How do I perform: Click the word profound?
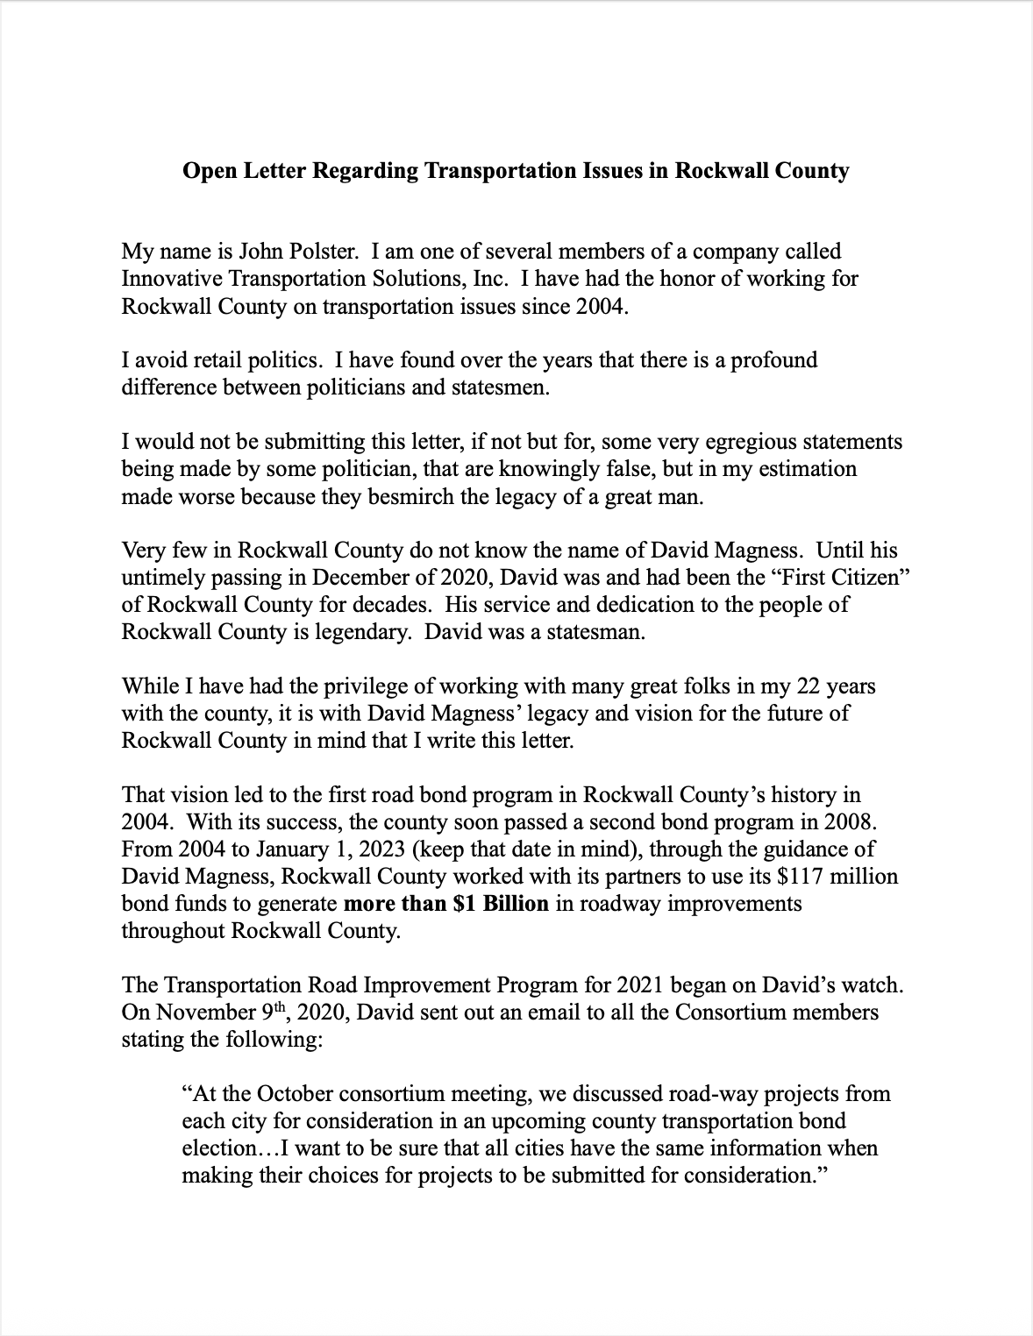pyautogui.click(x=773, y=360)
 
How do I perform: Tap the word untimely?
pyautogui.click(x=160, y=578)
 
